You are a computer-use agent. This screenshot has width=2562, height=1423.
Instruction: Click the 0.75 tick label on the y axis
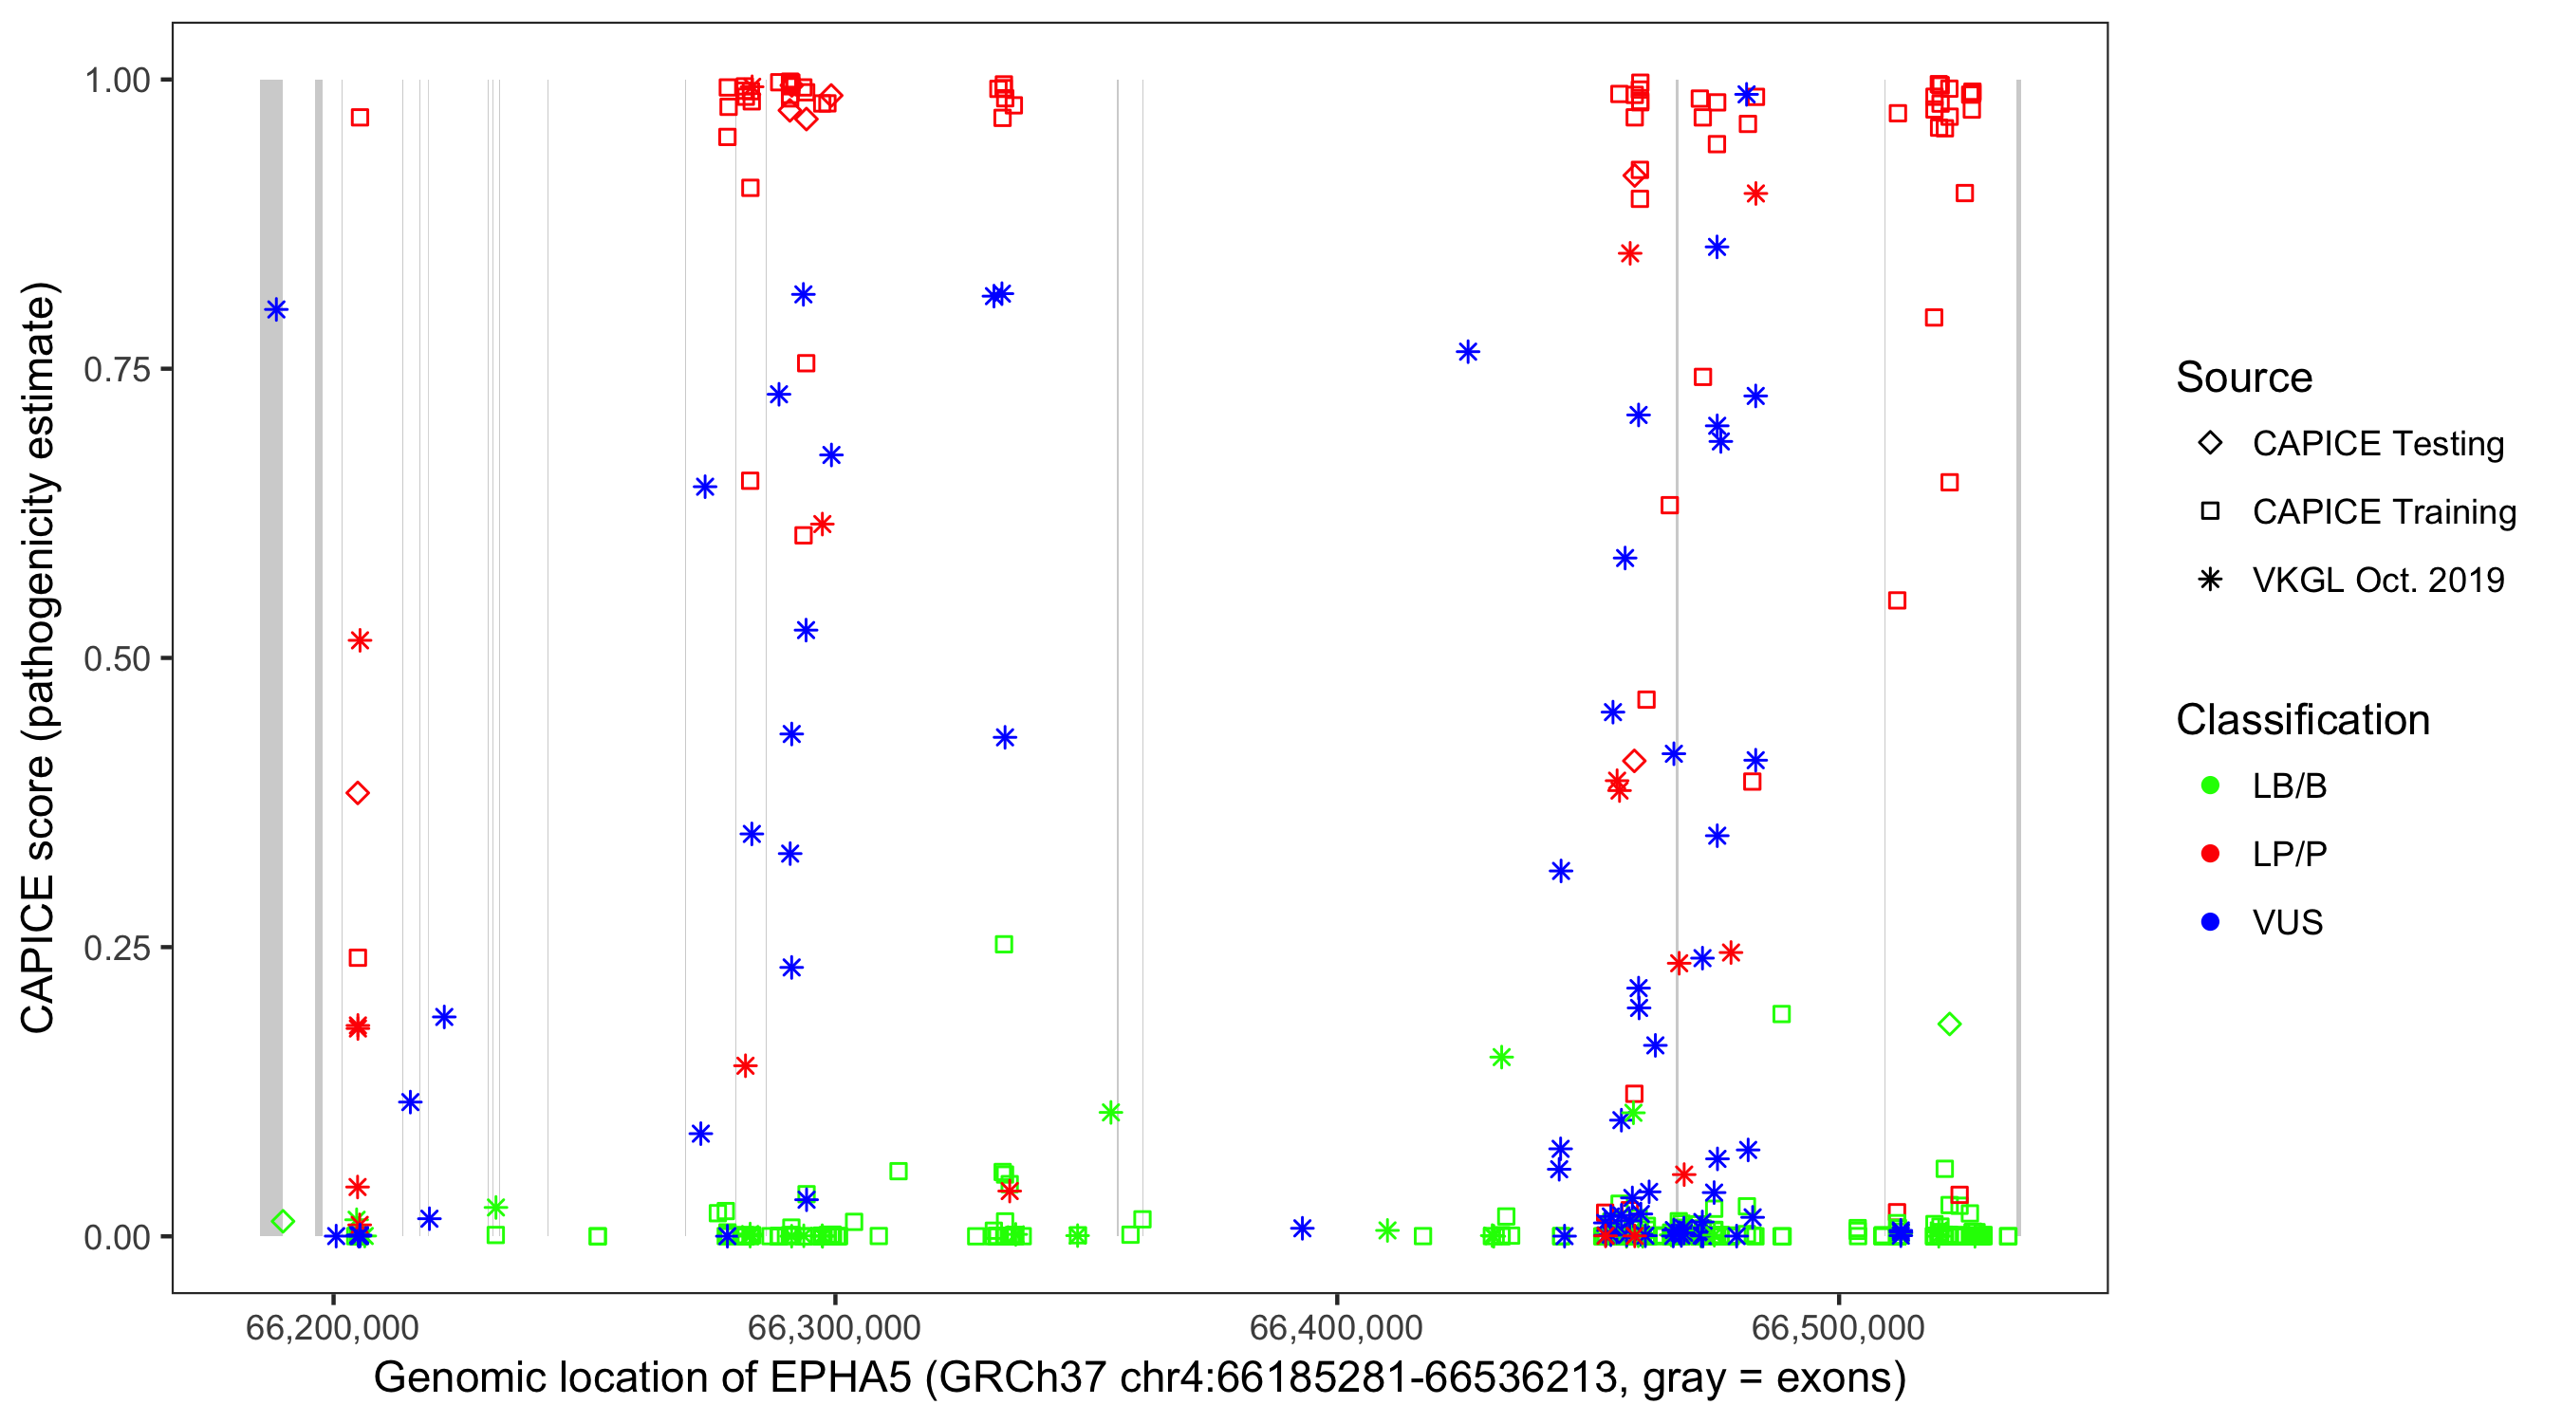click(x=116, y=370)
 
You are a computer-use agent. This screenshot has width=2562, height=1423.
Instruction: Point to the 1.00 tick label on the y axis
click(x=116, y=81)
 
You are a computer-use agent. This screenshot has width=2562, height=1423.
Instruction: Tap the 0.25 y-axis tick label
click(x=116, y=948)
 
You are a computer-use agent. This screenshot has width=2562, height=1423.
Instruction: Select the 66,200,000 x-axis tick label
click(x=332, y=1327)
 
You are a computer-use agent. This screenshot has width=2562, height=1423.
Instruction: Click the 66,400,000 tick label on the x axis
click(x=1336, y=1327)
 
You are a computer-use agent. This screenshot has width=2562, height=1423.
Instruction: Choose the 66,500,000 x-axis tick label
click(x=1837, y=1327)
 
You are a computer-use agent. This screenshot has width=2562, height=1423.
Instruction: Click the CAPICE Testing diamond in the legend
click(x=2210, y=444)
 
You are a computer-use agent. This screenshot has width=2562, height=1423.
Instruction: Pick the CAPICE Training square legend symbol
click(x=2210, y=512)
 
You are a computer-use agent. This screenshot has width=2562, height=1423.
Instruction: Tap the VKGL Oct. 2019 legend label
click(x=2377, y=581)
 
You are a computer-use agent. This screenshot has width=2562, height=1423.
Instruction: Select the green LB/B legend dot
click(x=2210, y=786)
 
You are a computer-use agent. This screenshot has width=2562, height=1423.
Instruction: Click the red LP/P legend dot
click(x=2210, y=854)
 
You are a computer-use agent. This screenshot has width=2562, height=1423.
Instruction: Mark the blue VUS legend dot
click(x=2210, y=923)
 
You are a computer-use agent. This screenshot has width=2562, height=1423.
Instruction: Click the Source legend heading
click(x=2244, y=378)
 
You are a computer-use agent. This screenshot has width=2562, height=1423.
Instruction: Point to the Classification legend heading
click(x=2302, y=720)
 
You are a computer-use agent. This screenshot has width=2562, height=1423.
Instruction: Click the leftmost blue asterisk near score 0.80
click(x=276, y=310)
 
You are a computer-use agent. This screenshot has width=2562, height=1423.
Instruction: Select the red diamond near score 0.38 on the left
click(x=358, y=793)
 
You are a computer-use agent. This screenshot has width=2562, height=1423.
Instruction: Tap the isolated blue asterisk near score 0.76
click(x=1468, y=352)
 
